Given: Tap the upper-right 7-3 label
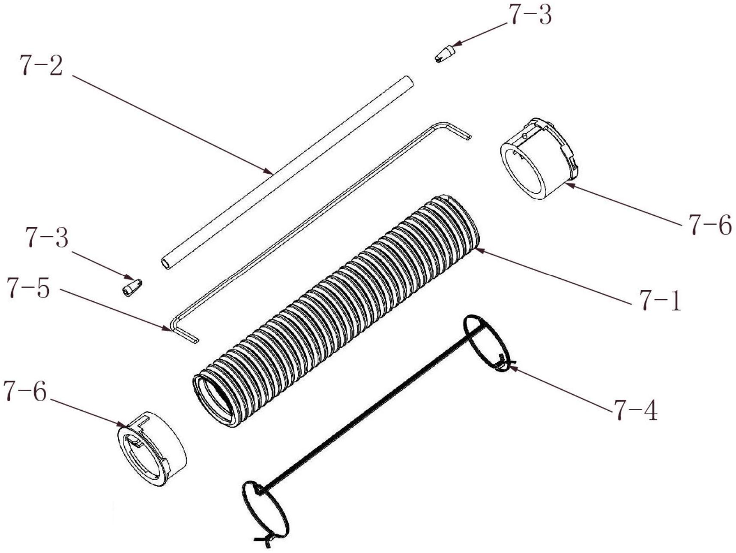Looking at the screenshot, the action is pos(530,15).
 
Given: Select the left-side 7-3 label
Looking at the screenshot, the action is pos(47,238).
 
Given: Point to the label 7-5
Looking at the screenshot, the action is pos(28,289).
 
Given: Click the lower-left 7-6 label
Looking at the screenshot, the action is pos(24,391).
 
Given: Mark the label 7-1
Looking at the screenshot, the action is pos(660,301).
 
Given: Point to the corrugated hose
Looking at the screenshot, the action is pos(338,309).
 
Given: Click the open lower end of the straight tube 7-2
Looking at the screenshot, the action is pos(165,263).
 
